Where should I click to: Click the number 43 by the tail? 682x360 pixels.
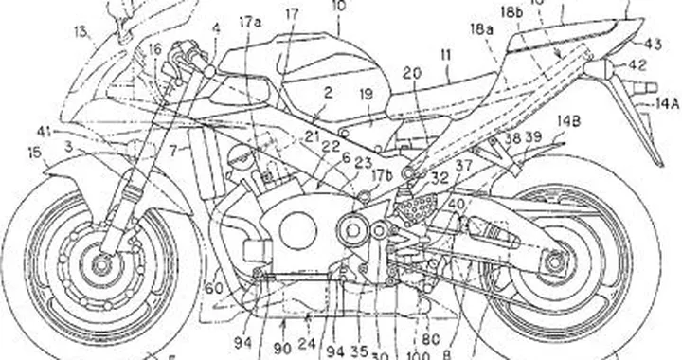tap(653, 43)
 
